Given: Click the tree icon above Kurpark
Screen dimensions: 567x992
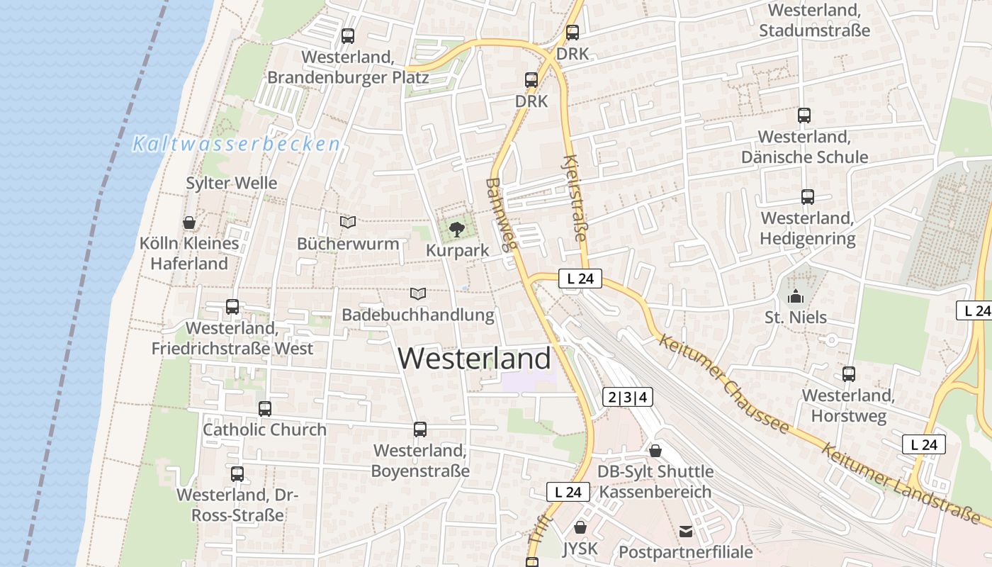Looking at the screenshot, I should click(x=458, y=229).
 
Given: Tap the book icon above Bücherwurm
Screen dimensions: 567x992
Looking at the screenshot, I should click(x=348, y=223).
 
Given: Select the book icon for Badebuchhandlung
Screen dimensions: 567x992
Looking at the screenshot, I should click(x=419, y=293).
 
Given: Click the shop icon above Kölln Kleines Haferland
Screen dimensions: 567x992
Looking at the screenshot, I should click(x=189, y=223).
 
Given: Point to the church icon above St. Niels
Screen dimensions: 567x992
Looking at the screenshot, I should click(x=796, y=296).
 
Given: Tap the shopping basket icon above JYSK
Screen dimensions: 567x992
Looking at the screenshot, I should click(x=580, y=527).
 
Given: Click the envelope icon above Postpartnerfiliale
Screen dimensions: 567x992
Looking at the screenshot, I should click(x=686, y=531).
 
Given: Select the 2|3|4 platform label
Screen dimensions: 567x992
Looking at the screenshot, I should click(x=627, y=397).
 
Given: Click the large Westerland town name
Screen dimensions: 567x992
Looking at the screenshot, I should click(x=474, y=359).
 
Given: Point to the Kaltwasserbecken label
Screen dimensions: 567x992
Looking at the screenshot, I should click(x=237, y=145).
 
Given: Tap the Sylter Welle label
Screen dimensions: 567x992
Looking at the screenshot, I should click(x=232, y=183).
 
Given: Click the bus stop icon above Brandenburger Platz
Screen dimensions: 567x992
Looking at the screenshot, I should click(x=348, y=36).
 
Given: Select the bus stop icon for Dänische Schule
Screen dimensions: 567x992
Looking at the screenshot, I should click(x=804, y=116).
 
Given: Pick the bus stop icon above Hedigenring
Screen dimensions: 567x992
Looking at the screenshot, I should click(x=808, y=197).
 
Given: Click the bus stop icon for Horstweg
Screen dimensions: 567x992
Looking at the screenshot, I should click(x=849, y=374).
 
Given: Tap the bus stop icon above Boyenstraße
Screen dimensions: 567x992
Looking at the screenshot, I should click(x=420, y=430).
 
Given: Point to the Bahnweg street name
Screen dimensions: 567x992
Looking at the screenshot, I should click(x=500, y=215).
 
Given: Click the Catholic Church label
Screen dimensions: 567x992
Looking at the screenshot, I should click(x=265, y=430).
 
